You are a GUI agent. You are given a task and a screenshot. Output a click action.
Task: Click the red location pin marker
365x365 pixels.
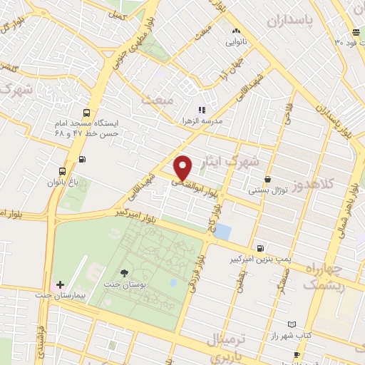point(183,167)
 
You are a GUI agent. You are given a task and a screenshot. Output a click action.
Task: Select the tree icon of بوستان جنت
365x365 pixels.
point(125,273)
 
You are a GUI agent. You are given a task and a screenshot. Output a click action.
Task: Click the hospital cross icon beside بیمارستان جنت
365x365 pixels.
point(60,285)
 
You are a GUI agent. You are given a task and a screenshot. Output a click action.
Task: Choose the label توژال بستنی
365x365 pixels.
point(267,191)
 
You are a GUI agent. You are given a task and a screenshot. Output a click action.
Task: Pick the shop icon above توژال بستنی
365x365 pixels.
point(267,180)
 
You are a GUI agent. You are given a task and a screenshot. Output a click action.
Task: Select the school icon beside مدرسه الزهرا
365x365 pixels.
point(202,110)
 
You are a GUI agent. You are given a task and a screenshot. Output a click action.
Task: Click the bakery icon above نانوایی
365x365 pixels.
point(236,31)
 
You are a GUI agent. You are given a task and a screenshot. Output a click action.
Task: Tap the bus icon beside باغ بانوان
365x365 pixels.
point(63,171)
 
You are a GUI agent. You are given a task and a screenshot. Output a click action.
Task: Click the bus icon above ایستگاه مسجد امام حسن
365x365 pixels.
point(86,113)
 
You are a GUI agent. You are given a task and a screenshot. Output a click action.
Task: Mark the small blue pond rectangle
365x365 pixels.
point(223,232)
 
